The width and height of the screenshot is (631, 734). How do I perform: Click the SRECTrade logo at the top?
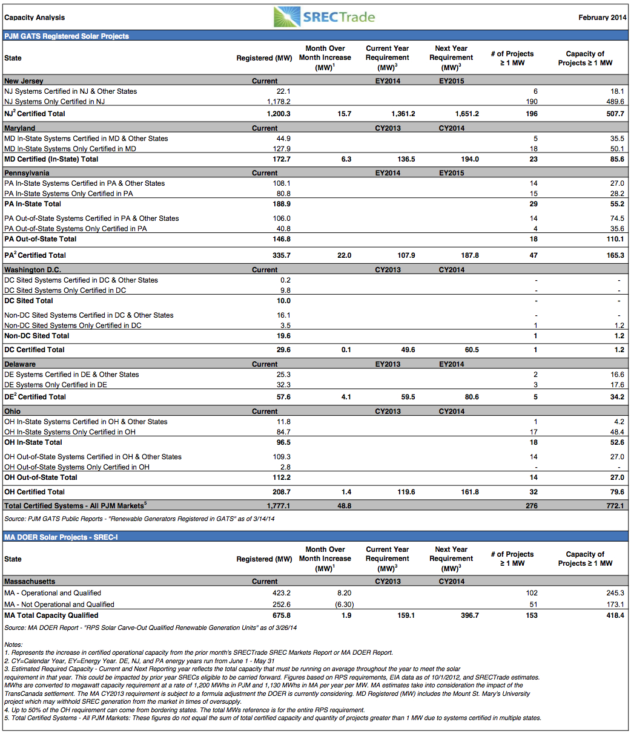pyautogui.click(x=325, y=17)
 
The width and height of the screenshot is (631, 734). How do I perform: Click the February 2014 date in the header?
pyautogui.click(x=602, y=18)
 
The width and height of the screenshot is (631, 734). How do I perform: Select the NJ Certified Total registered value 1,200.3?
pyautogui.click(x=279, y=114)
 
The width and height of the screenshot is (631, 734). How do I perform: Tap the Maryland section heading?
pyautogui.click(x=19, y=128)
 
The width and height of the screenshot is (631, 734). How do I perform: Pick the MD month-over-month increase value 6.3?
pyautogui.click(x=346, y=159)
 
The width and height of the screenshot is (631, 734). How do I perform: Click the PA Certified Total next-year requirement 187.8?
pyautogui.click(x=470, y=255)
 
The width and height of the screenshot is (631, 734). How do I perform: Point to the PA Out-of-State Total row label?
pyautogui.click(x=40, y=238)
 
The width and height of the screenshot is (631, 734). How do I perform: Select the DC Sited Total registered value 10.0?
pyautogui.click(x=283, y=300)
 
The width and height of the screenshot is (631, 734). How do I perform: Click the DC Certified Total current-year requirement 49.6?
pyautogui.click(x=408, y=349)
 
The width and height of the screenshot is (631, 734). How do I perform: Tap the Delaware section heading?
pyautogui.click(x=20, y=364)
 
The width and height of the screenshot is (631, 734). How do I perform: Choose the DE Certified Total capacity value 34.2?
pyautogui.click(x=617, y=397)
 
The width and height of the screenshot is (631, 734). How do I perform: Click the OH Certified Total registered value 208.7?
pyautogui.click(x=282, y=492)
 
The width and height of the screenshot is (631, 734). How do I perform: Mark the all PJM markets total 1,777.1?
pyautogui.click(x=279, y=506)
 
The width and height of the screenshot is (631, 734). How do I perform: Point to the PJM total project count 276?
pyautogui.click(x=532, y=506)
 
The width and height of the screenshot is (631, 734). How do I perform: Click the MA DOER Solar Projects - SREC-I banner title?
pyautogui.click(x=61, y=537)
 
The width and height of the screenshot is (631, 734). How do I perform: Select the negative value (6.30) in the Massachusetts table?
pyautogui.click(x=345, y=604)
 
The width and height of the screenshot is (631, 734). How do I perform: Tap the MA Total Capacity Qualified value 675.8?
pyautogui.click(x=282, y=615)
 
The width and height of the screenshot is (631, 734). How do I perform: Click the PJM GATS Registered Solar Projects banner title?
pyautogui.click(x=67, y=36)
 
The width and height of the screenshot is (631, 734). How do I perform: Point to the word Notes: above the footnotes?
pyautogui.click(x=13, y=644)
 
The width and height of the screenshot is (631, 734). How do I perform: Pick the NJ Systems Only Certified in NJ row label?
pyautogui.click(x=55, y=101)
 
